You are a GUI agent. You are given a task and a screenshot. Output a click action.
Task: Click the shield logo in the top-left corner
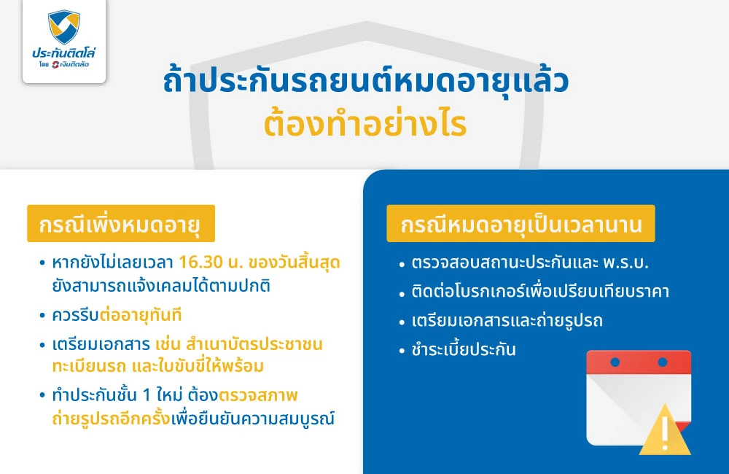(x=63, y=27)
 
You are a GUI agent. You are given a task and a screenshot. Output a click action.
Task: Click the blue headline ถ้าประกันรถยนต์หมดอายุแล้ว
(x=364, y=82)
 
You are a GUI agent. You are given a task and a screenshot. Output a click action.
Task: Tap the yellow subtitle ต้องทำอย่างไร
(x=364, y=124)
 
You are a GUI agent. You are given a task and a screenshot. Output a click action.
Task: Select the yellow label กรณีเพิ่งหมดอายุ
(x=121, y=223)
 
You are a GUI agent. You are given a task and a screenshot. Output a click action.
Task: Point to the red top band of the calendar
(x=638, y=362)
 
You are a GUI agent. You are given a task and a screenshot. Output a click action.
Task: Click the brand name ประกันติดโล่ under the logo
(x=64, y=53)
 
